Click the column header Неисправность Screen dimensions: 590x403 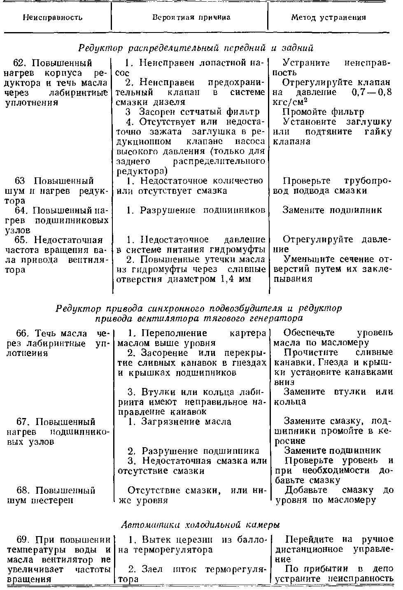[52, 18]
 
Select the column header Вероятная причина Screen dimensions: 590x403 [191, 18]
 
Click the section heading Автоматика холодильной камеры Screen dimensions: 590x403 [201, 525]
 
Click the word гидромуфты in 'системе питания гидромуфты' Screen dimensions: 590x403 [241, 249]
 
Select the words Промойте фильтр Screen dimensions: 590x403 [324, 112]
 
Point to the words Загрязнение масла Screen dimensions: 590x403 [186, 421]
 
